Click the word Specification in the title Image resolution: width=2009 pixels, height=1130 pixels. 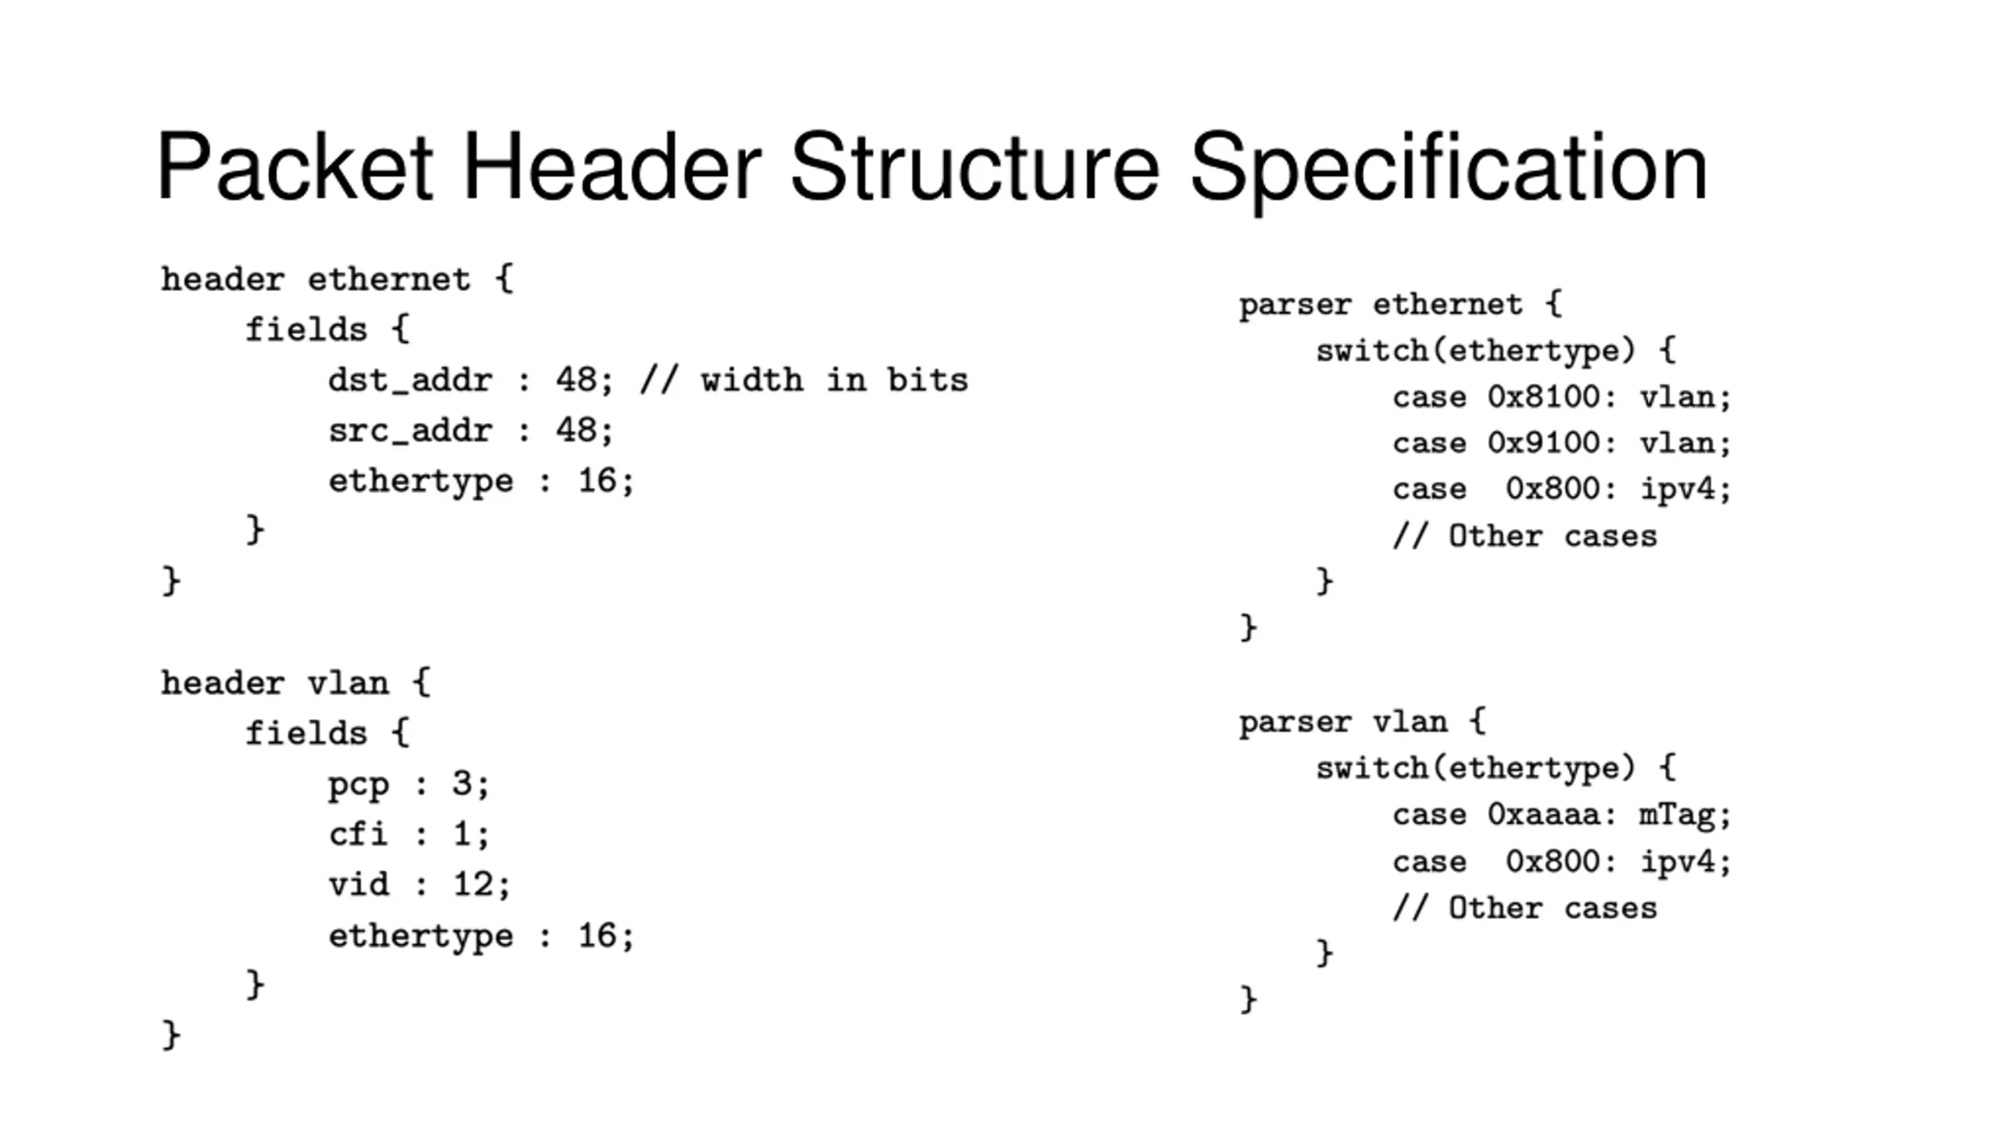[x=1448, y=167]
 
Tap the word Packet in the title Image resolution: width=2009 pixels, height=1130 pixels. [x=294, y=167]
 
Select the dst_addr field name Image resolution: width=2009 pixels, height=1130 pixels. [x=410, y=381]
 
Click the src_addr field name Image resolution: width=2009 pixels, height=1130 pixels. [x=410, y=431]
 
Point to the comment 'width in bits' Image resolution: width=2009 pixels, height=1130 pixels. [x=834, y=381]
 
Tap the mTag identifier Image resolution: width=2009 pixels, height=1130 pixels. [x=1675, y=815]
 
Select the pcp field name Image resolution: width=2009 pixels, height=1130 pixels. [x=358, y=784]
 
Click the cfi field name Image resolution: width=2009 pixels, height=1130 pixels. [x=358, y=834]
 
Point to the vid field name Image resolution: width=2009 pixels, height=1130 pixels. [x=358, y=885]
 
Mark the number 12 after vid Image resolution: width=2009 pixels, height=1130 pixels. [x=472, y=885]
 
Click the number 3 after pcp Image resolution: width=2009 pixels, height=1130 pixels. [x=461, y=784]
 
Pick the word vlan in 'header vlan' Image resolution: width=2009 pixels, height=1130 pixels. [x=348, y=683]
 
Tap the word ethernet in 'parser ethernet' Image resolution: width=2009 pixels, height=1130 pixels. [x=1447, y=304]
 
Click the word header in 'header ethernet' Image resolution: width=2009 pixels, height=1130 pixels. [x=222, y=280]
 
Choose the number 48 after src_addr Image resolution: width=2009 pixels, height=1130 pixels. [x=576, y=431]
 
